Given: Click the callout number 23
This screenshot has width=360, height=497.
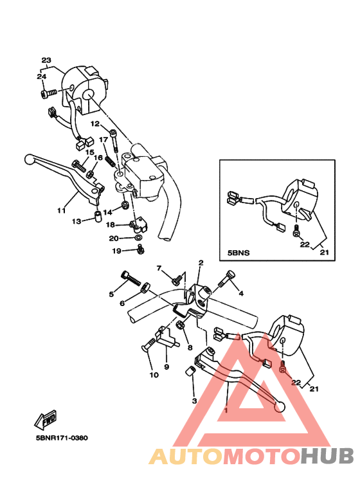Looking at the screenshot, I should click(46, 60).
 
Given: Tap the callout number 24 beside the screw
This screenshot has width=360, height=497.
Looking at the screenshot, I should click(41, 77).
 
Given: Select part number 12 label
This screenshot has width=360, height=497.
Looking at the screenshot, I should click(94, 123).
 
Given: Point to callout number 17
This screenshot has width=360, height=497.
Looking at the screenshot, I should click(103, 140).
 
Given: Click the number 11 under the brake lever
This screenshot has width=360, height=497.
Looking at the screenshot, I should click(62, 210).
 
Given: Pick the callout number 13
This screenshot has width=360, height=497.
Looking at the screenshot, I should click(76, 221).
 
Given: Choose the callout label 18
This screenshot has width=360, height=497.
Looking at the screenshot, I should click(110, 225).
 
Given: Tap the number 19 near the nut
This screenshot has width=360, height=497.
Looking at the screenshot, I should click(117, 250).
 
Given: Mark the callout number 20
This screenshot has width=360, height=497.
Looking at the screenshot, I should click(113, 238).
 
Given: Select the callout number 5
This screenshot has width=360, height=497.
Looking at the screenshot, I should click(111, 294).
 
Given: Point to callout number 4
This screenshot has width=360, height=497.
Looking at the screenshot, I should click(241, 293).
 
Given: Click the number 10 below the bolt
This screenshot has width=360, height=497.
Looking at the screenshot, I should click(154, 375).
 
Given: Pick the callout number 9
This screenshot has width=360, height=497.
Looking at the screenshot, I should click(166, 366).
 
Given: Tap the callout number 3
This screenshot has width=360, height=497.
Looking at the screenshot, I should click(194, 401).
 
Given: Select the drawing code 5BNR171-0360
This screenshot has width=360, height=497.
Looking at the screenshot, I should click(62, 438).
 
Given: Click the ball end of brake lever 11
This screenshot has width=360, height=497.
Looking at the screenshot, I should click(28, 159).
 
